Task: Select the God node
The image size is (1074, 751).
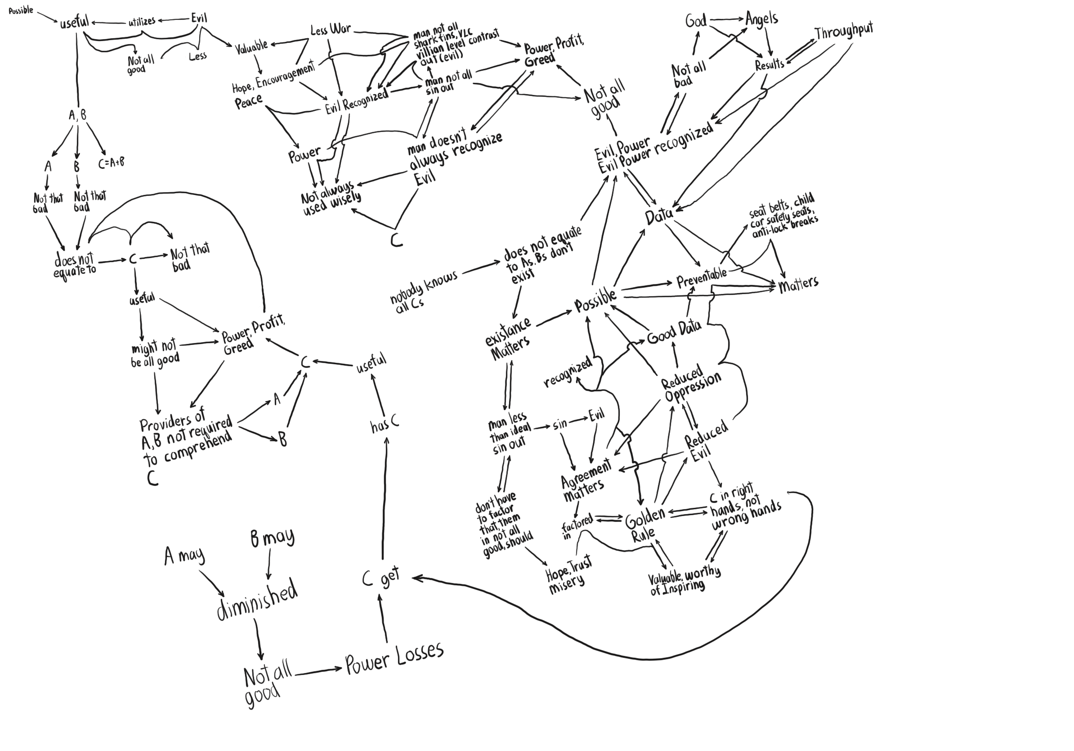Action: pyautogui.click(x=695, y=21)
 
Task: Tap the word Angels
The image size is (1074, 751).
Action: pyautogui.click(x=761, y=19)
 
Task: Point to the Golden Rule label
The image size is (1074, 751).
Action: pyautogui.click(x=644, y=525)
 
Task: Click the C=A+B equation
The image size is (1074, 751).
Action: pyautogui.click(x=112, y=163)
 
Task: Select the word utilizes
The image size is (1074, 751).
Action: pyautogui.click(x=142, y=22)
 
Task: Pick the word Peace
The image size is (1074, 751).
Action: pyautogui.click(x=248, y=101)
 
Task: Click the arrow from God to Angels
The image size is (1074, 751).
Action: pyautogui.click(x=726, y=19)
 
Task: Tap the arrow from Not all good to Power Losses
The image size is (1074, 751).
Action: pyautogui.click(x=318, y=671)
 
